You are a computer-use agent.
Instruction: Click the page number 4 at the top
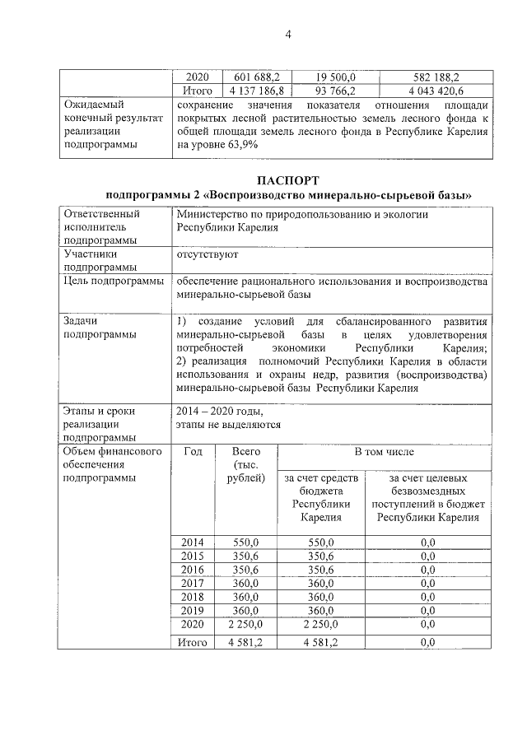click(287, 34)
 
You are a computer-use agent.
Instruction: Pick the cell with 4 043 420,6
click(434, 90)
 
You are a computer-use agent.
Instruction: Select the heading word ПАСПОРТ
click(287, 179)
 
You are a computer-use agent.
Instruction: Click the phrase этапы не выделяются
click(228, 425)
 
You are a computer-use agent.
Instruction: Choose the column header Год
click(194, 452)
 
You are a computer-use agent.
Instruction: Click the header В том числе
click(384, 452)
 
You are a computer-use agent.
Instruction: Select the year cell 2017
click(192, 583)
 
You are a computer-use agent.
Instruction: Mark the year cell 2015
click(192, 556)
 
